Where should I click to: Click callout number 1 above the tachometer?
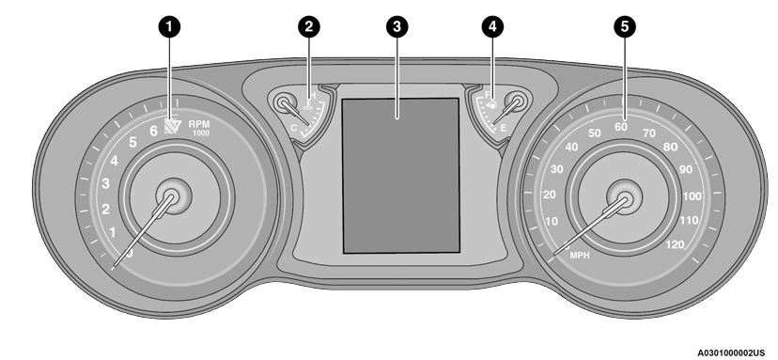tap(169, 27)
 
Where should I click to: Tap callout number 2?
tap(304, 27)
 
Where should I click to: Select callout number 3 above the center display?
tap(398, 27)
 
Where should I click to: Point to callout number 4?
tap(490, 27)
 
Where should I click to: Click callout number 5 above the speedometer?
tap(622, 27)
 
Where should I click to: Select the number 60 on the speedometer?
tap(621, 127)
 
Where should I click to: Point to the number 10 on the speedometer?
tap(552, 222)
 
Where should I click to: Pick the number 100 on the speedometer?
tap(692, 196)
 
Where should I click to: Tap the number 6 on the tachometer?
tap(154, 132)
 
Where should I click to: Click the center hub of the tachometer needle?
tap(171, 196)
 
